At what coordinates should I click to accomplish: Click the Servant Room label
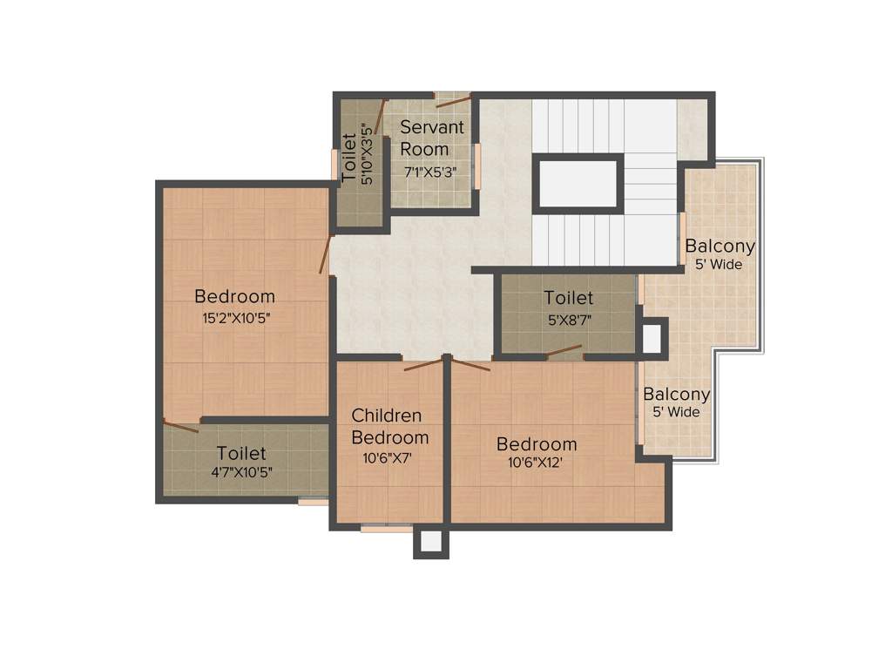pyautogui.click(x=431, y=138)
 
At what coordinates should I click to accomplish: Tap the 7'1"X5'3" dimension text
pyautogui.click(x=431, y=172)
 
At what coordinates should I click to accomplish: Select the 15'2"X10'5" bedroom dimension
pyautogui.click(x=236, y=318)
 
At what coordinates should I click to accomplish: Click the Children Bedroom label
pyautogui.click(x=389, y=426)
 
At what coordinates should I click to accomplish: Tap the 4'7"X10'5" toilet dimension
pyautogui.click(x=241, y=474)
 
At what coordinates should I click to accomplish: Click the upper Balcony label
pyautogui.click(x=720, y=246)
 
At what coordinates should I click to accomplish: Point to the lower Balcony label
pyautogui.click(x=677, y=394)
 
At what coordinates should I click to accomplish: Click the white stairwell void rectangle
pyautogui.click(x=578, y=183)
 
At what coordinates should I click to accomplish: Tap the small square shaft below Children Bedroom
pyautogui.click(x=431, y=541)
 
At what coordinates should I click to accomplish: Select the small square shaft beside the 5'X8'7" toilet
pyautogui.click(x=652, y=338)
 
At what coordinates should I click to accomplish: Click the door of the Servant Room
pyautogui.click(x=453, y=102)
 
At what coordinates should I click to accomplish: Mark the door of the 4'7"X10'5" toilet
pyautogui.click(x=181, y=427)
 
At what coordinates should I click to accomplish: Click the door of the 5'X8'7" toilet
pyautogui.click(x=564, y=351)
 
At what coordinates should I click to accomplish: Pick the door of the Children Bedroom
pyautogui.click(x=423, y=364)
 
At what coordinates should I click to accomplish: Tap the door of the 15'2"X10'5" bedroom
pyautogui.click(x=325, y=253)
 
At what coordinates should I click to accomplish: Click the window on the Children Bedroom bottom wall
pyautogui.click(x=386, y=527)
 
